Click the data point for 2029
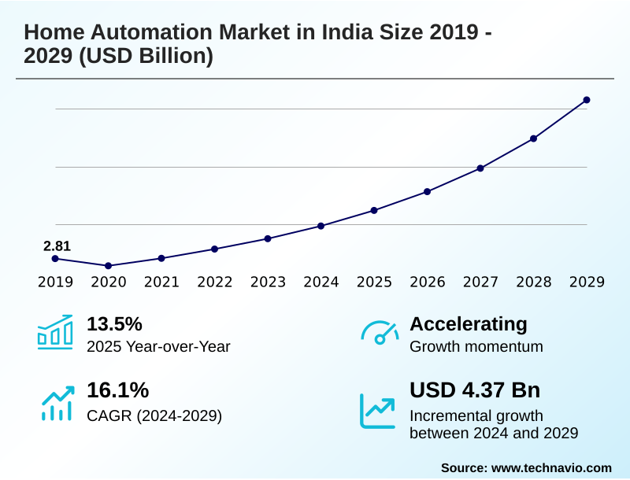pyautogui.click(x=587, y=100)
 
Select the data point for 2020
pyautogui.click(x=108, y=266)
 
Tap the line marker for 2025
pyautogui.click(x=374, y=210)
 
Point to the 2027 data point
pyautogui.click(x=480, y=168)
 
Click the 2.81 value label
pyautogui.click(x=57, y=246)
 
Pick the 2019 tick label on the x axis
pyautogui.click(x=55, y=282)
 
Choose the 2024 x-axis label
pyautogui.click(x=321, y=282)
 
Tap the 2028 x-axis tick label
pyautogui.click(x=533, y=282)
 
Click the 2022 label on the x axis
pyautogui.click(x=214, y=282)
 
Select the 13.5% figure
pyautogui.click(x=114, y=324)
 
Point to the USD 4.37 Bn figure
pyautogui.click(x=475, y=390)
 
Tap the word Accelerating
pyautogui.click(x=469, y=324)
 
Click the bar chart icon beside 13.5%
pyautogui.click(x=55, y=333)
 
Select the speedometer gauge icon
pyautogui.click(x=380, y=333)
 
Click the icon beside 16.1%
pyautogui.click(x=57, y=402)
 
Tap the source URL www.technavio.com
pyautogui.click(x=551, y=467)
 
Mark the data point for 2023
pyautogui.click(x=268, y=238)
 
